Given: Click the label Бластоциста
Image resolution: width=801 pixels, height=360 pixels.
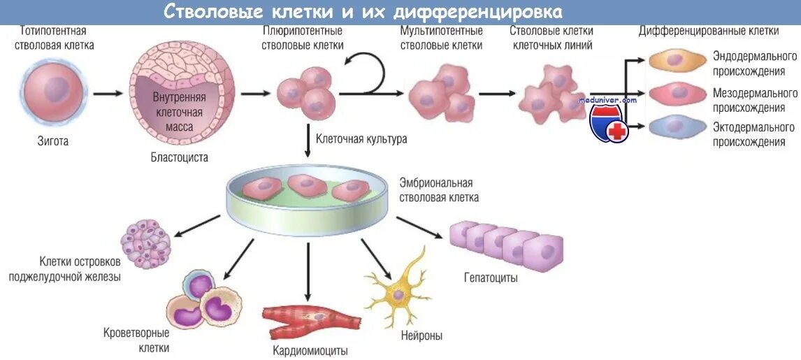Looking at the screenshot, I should pos(180,157).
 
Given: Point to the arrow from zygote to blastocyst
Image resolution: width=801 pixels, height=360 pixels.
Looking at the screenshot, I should pos(108,92).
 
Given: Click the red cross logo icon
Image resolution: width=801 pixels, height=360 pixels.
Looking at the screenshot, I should pos(616,130).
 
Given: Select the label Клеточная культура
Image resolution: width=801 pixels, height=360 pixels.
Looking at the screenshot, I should pos(361,139).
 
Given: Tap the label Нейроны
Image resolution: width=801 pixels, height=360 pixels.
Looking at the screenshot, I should pos(421,336).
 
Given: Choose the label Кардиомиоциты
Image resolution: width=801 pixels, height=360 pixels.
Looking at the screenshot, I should pos(310,351).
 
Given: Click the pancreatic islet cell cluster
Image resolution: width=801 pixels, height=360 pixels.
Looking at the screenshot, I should pos(145,244).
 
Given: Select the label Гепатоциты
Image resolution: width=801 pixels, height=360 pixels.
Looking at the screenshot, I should pos(491,278).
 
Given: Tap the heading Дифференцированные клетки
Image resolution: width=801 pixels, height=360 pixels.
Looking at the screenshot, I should pos(709,31).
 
